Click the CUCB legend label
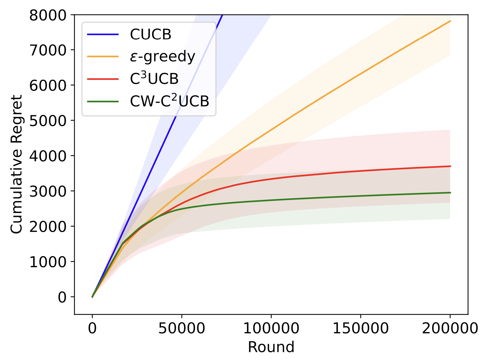point(150,34)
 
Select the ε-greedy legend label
point(162,56)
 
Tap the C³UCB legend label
point(154,79)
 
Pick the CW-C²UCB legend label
point(169,101)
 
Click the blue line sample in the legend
point(103,34)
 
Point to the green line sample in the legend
point(103,101)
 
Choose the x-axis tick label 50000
point(182,329)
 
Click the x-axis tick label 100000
point(271,329)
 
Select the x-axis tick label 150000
point(361,329)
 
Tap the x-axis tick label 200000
point(450,329)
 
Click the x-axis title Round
point(271,347)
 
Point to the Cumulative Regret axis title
point(17,164)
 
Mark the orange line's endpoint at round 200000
point(450,21)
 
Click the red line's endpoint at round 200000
point(450,166)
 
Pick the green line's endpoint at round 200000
point(450,193)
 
